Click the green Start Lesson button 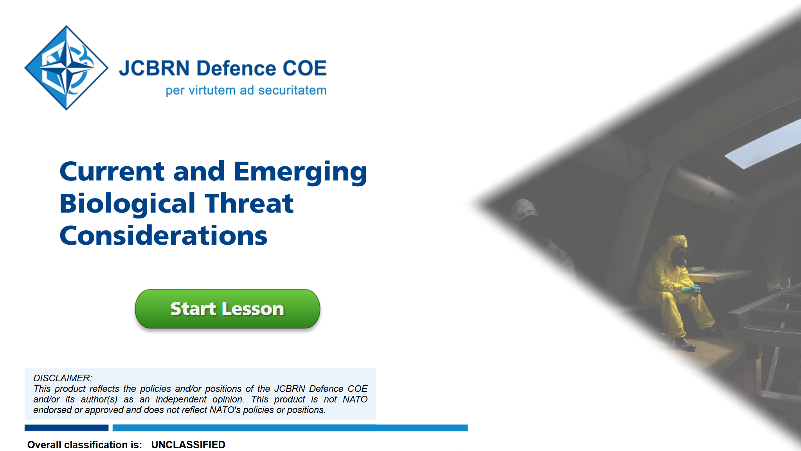click(227, 308)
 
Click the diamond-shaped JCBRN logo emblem click(67, 68)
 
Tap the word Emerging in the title click(300, 172)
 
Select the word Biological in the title click(128, 204)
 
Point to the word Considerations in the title click(164, 236)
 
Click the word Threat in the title click(249, 204)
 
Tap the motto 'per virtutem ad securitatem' click(246, 90)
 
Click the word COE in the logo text click(304, 68)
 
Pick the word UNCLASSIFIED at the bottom click(188, 445)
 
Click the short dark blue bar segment click(67, 428)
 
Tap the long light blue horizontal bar click(290, 428)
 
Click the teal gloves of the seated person click(692, 290)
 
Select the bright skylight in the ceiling click(763, 144)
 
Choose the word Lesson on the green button click(253, 309)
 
